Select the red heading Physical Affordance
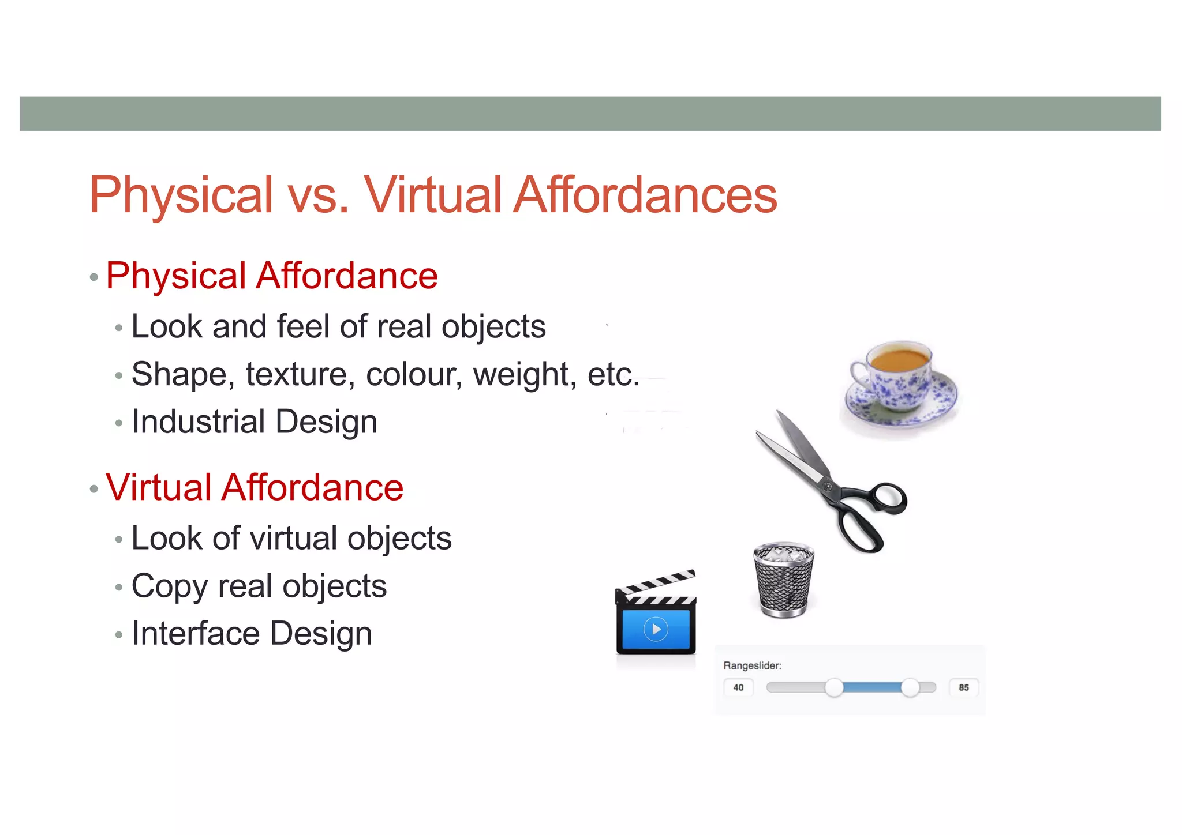click(x=271, y=276)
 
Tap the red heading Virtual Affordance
click(x=254, y=487)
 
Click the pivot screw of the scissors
click(x=828, y=486)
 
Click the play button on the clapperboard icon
click(x=656, y=629)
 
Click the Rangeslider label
click(x=752, y=665)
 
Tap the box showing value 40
click(x=738, y=687)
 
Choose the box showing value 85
click(x=963, y=687)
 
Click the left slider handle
click(x=834, y=687)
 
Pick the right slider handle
click(x=910, y=687)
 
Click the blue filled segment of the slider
click(x=872, y=687)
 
